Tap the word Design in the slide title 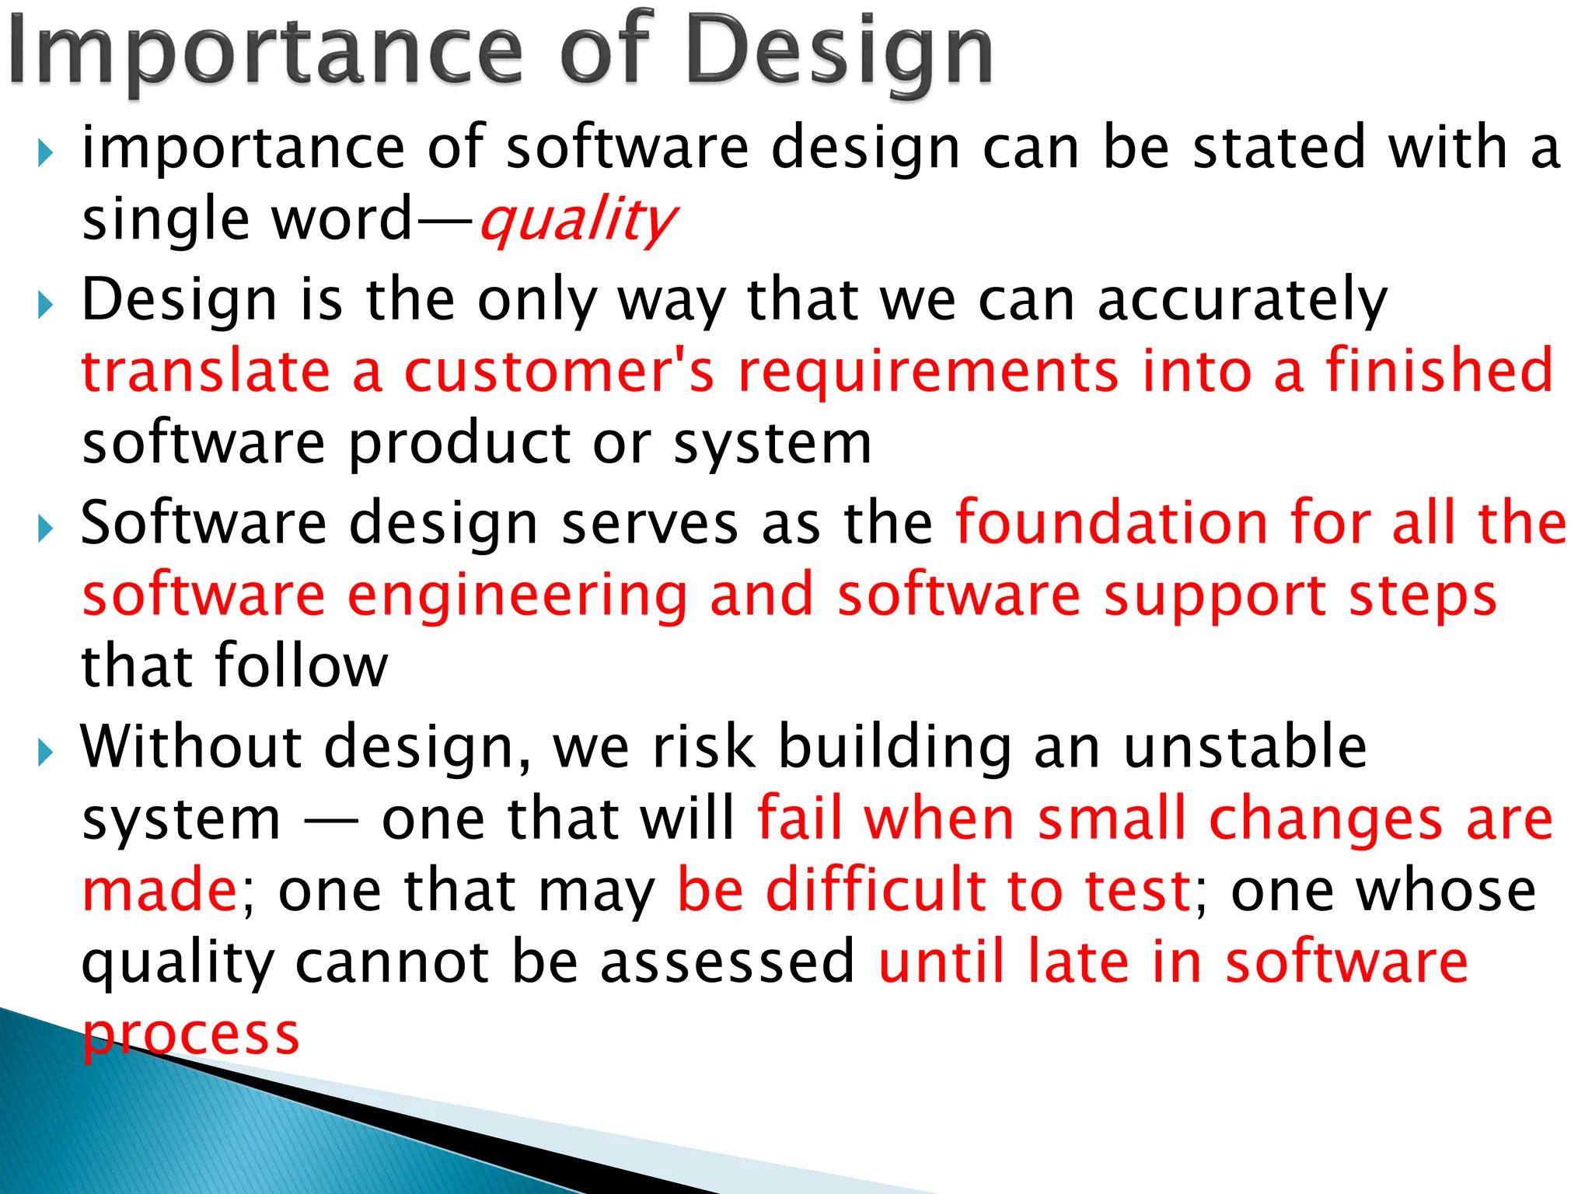coord(840,53)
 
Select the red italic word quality coord(577,221)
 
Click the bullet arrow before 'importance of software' coord(46,153)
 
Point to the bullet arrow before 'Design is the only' coord(46,305)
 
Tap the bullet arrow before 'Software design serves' coord(46,529)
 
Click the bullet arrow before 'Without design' coord(46,752)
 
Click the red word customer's coord(558,372)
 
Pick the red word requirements coord(928,373)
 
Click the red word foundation coord(1112,522)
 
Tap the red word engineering coord(517,597)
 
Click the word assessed coord(728,962)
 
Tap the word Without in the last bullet coord(191,746)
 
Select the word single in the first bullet coord(165,221)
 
